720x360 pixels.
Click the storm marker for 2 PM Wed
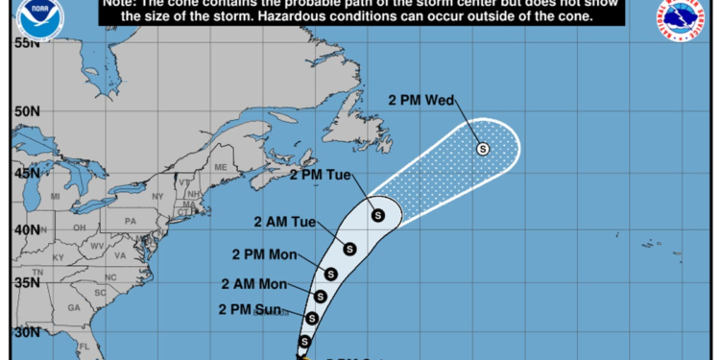[x=483, y=149]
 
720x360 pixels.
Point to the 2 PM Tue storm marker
[x=377, y=214]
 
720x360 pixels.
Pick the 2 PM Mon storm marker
[x=331, y=275]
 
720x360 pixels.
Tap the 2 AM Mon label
[x=253, y=284]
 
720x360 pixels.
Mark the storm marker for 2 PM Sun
[x=311, y=318]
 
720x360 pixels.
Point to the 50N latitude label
[x=26, y=111]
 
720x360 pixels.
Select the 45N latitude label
[x=26, y=174]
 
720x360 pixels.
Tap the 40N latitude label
[x=26, y=230]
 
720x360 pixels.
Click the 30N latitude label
[x=26, y=332]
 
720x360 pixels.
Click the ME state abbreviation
[x=221, y=167]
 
